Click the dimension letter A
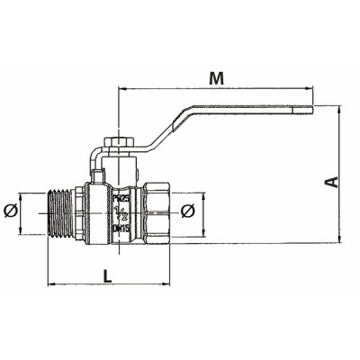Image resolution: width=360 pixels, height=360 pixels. point(332,182)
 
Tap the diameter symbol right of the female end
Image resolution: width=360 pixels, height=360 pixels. point(187,211)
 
